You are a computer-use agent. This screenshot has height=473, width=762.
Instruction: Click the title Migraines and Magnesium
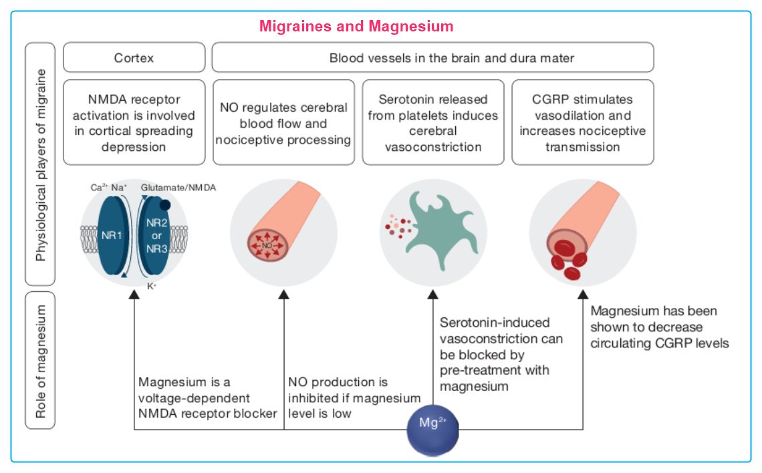356,27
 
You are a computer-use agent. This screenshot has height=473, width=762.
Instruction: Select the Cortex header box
134,58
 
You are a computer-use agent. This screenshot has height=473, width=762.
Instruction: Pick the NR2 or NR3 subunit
156,236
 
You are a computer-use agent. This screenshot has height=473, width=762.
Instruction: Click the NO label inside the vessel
267,246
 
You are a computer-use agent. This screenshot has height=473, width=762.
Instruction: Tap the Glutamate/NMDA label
178,188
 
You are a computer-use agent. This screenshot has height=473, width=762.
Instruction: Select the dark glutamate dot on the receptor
164,205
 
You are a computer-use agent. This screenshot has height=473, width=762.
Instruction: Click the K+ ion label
152,286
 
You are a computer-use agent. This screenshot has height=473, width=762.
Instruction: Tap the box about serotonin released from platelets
433,123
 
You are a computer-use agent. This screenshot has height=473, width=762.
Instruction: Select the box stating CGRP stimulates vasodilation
583,123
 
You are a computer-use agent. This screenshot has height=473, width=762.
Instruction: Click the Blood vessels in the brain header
433,58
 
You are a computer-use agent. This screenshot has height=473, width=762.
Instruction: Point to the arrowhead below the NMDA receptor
134,294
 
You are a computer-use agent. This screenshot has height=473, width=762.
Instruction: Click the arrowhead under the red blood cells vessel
583,294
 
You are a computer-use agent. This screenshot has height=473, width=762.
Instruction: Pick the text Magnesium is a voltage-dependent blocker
207,398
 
